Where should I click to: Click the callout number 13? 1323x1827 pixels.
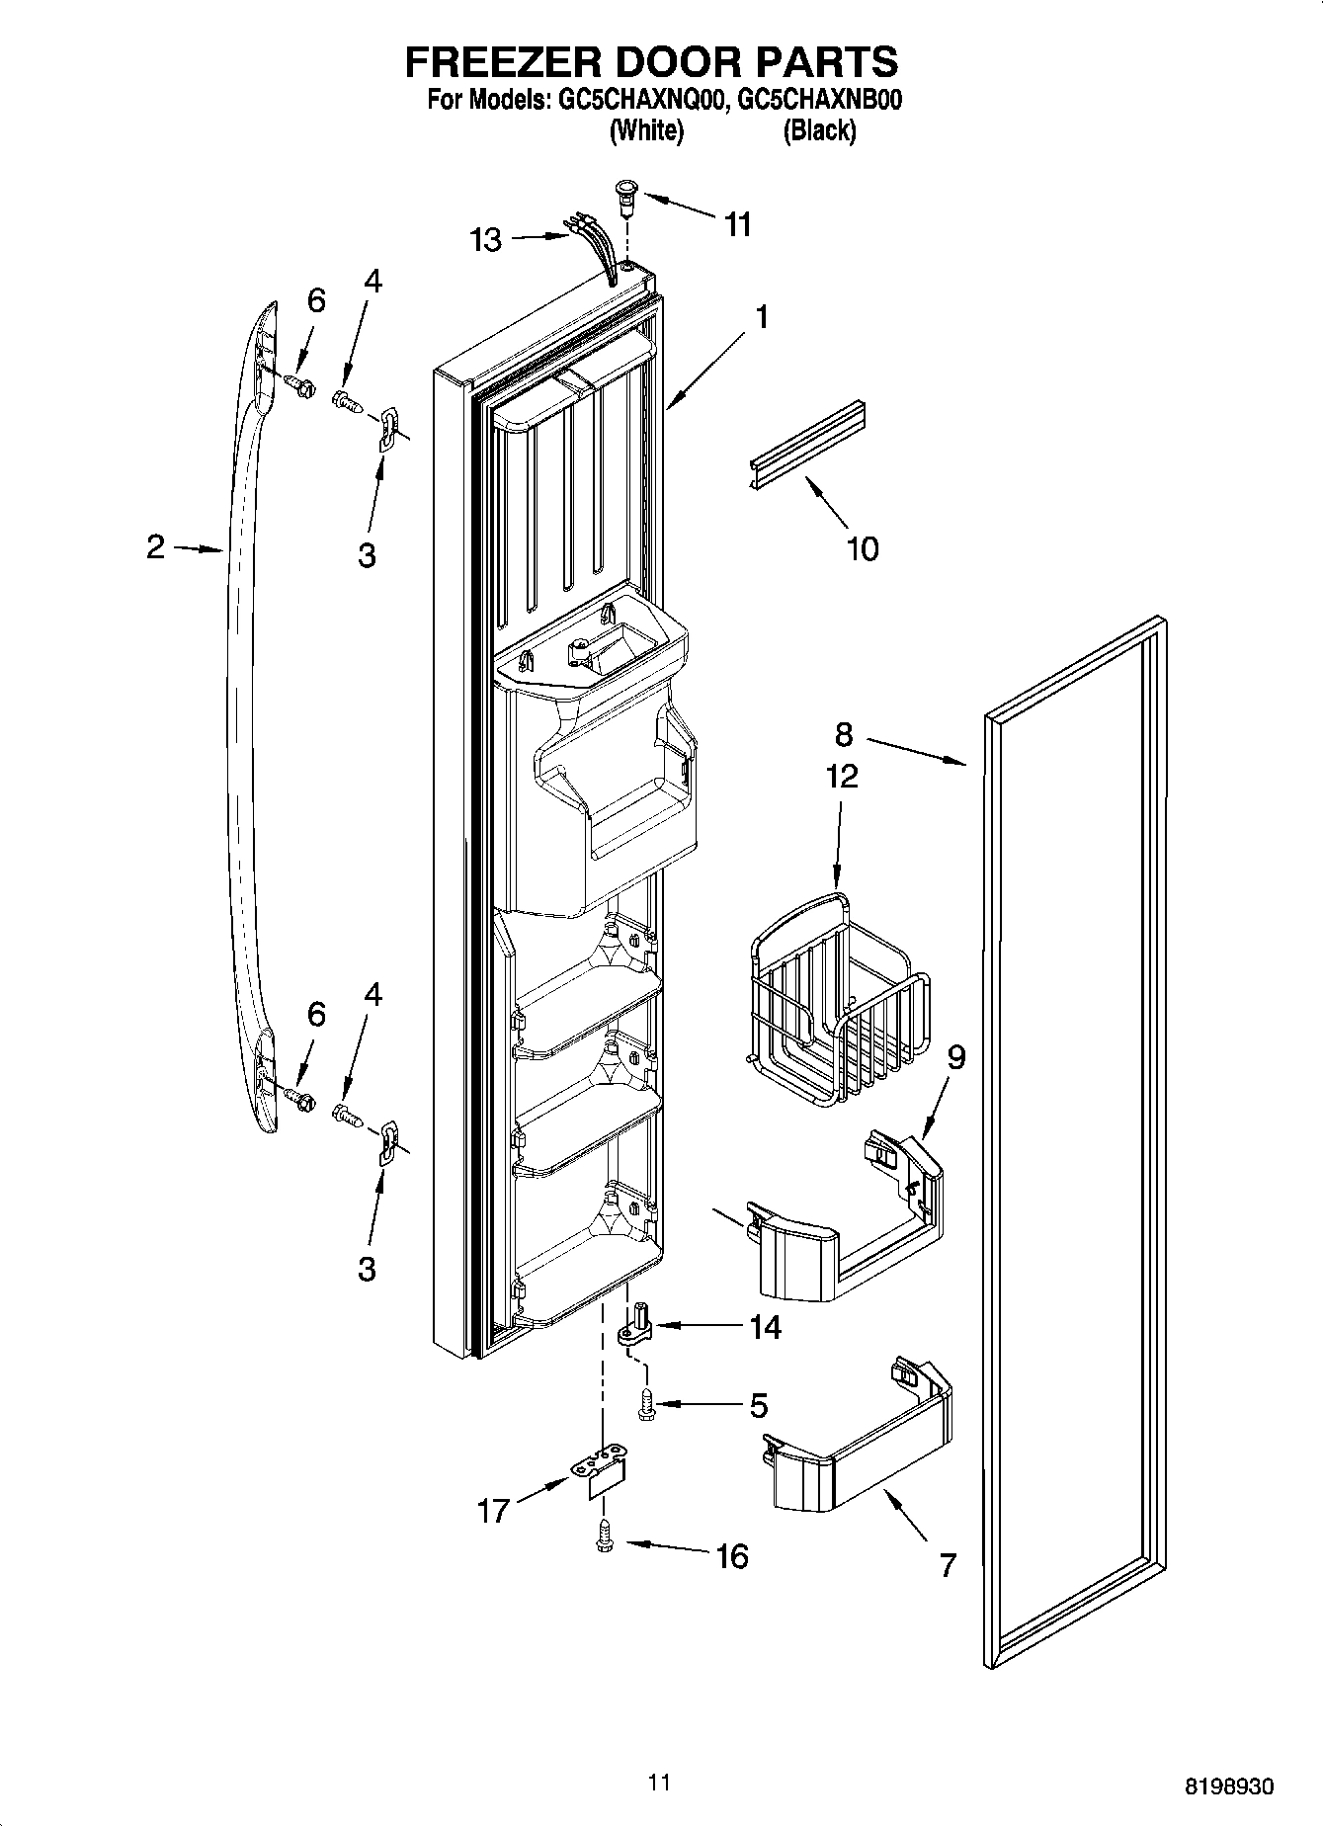point(485,240)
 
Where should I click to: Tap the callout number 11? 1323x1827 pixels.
point(737,225)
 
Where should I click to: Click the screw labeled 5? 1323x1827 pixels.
point(645,1403)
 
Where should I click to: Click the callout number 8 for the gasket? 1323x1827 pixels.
point(843,734)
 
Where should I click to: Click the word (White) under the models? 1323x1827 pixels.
point(646,130)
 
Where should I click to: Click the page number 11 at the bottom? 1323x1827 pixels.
point(660,1783)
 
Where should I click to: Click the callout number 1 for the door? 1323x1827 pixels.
point(761,317)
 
